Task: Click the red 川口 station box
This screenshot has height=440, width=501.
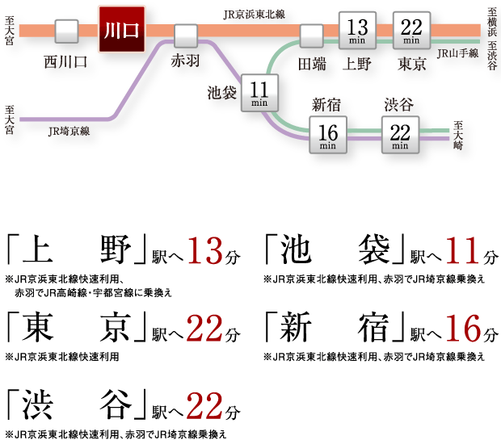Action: (121, 29)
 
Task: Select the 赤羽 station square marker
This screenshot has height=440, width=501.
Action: (186, 36)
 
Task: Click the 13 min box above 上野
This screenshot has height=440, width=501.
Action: (356, 29)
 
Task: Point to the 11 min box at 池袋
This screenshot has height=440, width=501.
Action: (259, 91)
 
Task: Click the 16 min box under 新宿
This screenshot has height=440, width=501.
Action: (328, 133)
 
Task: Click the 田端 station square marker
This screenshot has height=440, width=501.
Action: (311, 36)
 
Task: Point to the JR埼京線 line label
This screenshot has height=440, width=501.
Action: (69, 129)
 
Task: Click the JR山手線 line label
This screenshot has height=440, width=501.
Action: (457, 54)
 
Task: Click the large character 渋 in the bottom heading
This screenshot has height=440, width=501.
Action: (28, 404)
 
